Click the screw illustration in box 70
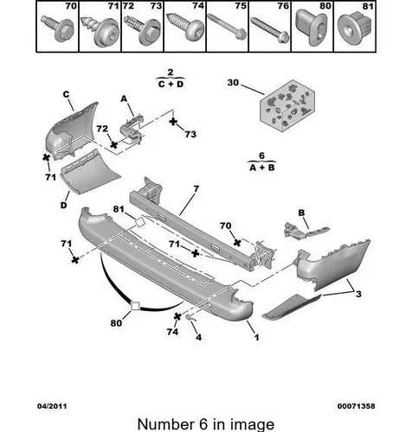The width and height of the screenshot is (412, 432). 57,28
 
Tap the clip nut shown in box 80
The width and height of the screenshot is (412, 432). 312,27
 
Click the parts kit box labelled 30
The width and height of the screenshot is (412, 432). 287,105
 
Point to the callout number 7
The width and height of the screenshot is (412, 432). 196,189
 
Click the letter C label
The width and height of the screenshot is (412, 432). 66,94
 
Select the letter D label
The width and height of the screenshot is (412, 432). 63,205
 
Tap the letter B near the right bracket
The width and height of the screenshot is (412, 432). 301,213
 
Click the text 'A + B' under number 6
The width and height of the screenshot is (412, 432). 262,168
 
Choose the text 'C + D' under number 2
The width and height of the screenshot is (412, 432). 171,84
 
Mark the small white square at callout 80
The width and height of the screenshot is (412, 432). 135,306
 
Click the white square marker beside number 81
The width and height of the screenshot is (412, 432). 140,223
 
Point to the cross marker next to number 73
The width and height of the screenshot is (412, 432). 173,122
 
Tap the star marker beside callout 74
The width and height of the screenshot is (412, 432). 177,316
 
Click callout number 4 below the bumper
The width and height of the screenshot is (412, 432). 198,337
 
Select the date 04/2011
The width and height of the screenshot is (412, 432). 52,406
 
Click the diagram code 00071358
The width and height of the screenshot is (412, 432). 357,406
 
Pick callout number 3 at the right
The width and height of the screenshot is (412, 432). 358,294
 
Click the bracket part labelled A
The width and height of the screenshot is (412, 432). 132,130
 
